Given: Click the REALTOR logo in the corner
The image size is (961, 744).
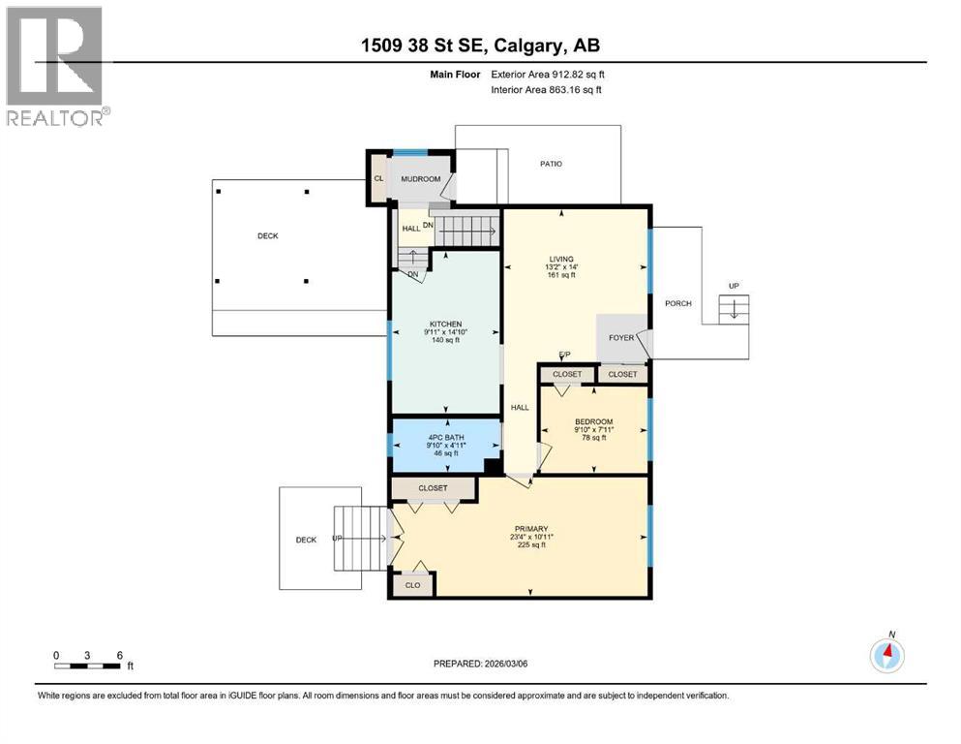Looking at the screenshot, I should [56, 66].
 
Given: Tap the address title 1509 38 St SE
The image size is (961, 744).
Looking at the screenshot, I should [480, 46].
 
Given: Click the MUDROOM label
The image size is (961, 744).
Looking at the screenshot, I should [421, 179].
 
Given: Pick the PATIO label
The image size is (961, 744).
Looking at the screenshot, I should [551, 164].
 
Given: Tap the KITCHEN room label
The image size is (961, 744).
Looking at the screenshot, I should [445, 324].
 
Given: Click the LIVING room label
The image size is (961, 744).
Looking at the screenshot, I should [561, 259].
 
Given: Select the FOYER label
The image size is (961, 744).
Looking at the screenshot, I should [620, 338].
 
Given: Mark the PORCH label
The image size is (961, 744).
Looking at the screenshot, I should [678, 303].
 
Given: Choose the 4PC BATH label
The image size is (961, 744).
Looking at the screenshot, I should [445, 437].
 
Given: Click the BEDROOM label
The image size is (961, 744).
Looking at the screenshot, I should [593, 421].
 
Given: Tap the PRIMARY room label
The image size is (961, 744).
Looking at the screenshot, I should [529, 529].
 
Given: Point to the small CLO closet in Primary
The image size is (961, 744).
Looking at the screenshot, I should [412, 584].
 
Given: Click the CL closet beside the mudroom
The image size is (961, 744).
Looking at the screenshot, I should [378, 178].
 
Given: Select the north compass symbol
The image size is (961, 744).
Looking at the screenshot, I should [886, 655].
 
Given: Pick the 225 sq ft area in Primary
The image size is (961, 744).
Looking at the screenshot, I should [529, 544].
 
